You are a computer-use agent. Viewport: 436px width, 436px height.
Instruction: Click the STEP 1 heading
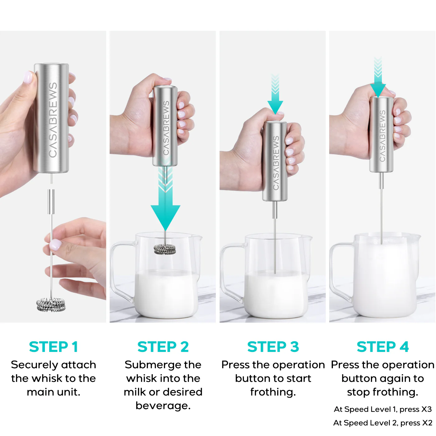(x=53, y=347)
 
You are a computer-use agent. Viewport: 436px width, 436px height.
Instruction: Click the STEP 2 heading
(x=163, y=347)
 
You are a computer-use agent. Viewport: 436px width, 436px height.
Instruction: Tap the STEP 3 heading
(x=273, y=347)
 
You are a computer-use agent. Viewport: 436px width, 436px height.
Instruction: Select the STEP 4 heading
(x=383, y=347)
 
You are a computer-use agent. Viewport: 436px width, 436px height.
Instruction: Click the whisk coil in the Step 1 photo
(x=51, y=305)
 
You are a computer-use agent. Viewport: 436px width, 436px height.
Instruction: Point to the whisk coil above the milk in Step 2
(x=165, y=249)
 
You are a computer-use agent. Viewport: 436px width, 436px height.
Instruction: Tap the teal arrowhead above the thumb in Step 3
(x=275, y=107)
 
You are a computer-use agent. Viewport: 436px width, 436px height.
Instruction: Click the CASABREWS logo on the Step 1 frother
(x=53, y=120)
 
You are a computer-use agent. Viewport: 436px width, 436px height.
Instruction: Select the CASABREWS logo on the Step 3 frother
(x=276, y=163)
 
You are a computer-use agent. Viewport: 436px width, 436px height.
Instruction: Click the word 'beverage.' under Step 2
(x=163, y=405)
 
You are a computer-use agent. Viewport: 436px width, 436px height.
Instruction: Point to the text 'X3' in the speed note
(x=426, y=409)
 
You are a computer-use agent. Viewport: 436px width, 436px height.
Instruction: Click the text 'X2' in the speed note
(x=427, y=423)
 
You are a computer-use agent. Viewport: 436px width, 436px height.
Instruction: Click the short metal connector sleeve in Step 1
(x=51, y=201)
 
